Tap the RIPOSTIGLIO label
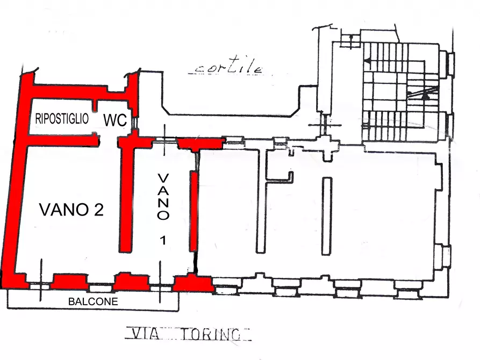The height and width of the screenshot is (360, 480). (62, 119)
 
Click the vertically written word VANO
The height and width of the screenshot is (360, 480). (163, 197)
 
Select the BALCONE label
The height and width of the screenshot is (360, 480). (92, 302)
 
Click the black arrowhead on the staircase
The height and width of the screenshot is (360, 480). (426, 96)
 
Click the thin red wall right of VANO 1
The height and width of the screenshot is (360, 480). (192, 210)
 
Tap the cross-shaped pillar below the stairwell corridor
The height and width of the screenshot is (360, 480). (326, 144)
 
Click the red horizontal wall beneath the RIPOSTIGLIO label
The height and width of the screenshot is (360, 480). (62, 140)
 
